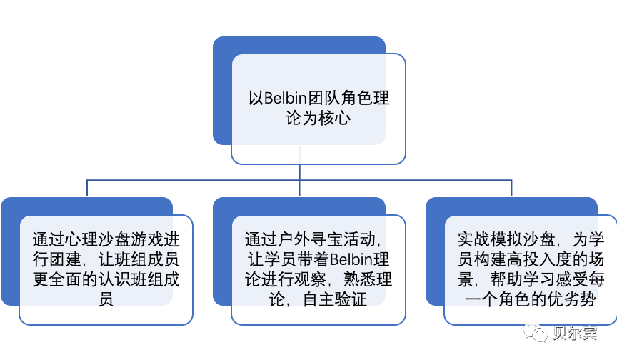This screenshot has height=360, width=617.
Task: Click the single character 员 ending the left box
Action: (x=106, y=299)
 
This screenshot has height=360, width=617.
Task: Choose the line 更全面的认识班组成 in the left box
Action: (x=106, y=279)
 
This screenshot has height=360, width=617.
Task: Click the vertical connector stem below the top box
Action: (x=299, y=172)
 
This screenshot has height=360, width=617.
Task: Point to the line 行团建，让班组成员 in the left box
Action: (x=106, y=259)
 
